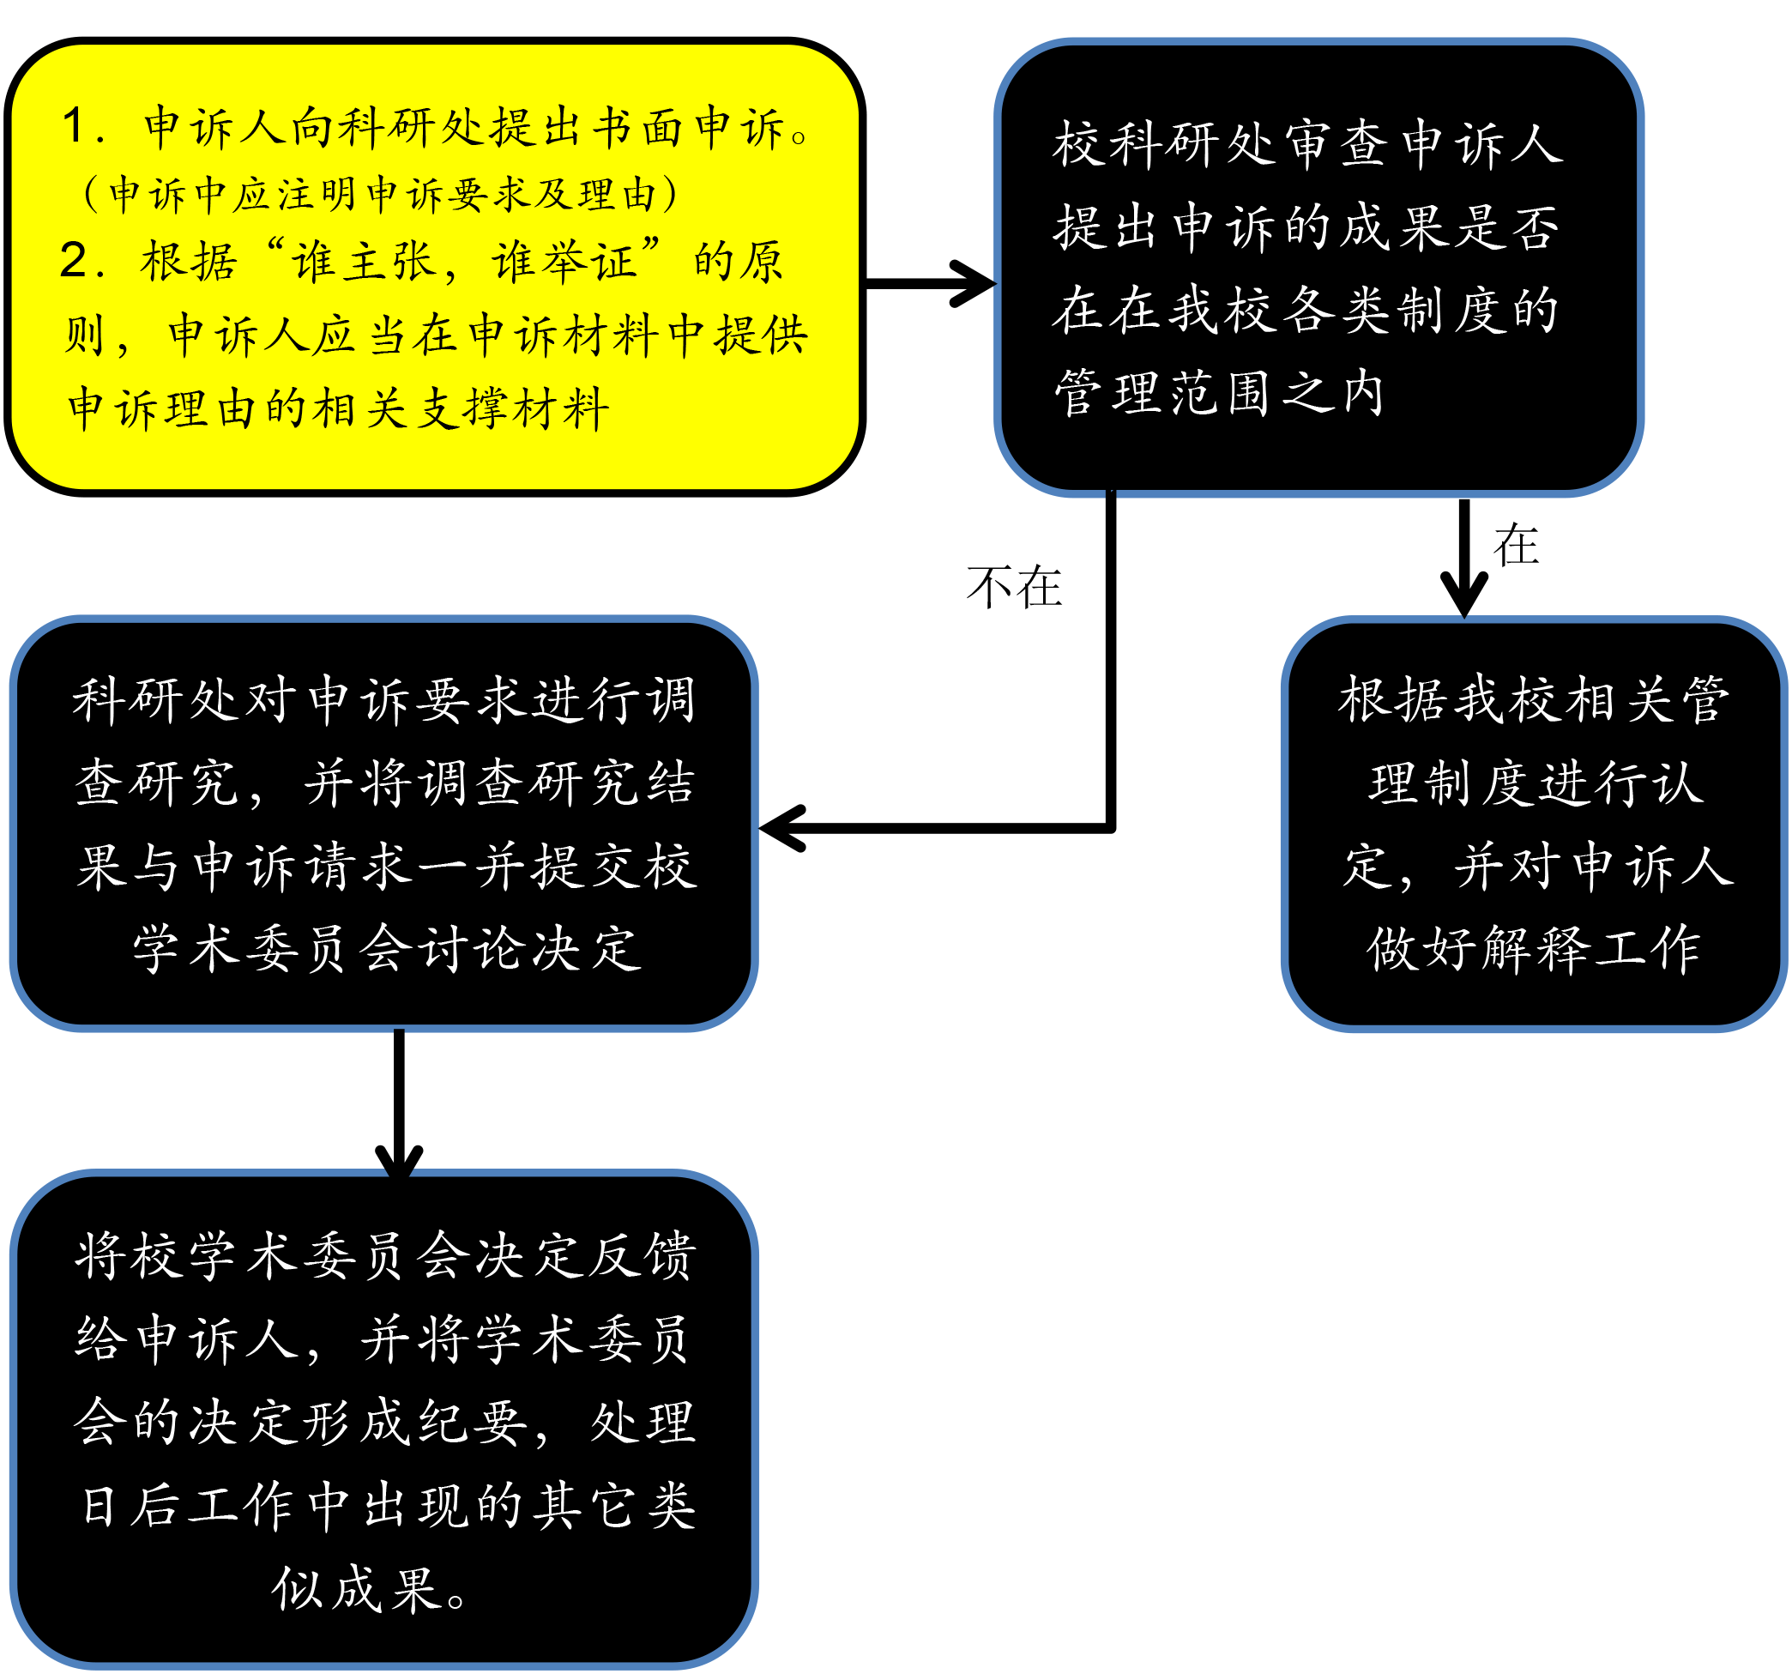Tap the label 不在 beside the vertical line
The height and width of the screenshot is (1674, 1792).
(1014, 587)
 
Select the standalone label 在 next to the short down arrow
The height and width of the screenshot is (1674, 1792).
(1516, 546)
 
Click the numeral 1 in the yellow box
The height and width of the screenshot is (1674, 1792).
(74, 125)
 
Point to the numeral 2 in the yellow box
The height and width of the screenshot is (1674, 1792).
(73, 261)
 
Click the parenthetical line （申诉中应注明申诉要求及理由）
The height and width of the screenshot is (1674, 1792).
(379, 194)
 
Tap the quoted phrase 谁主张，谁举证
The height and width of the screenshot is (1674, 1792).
(462, 261)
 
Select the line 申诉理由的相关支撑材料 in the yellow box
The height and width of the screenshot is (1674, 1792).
(339, 408)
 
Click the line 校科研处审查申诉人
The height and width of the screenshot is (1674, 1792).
(1308, 144)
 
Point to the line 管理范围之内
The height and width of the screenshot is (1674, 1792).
(1220, 393)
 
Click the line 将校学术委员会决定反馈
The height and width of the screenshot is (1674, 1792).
(385, 1254)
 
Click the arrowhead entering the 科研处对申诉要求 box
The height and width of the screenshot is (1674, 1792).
(782, 827)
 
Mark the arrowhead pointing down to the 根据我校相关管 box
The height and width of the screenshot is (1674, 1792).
(1465, 595)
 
